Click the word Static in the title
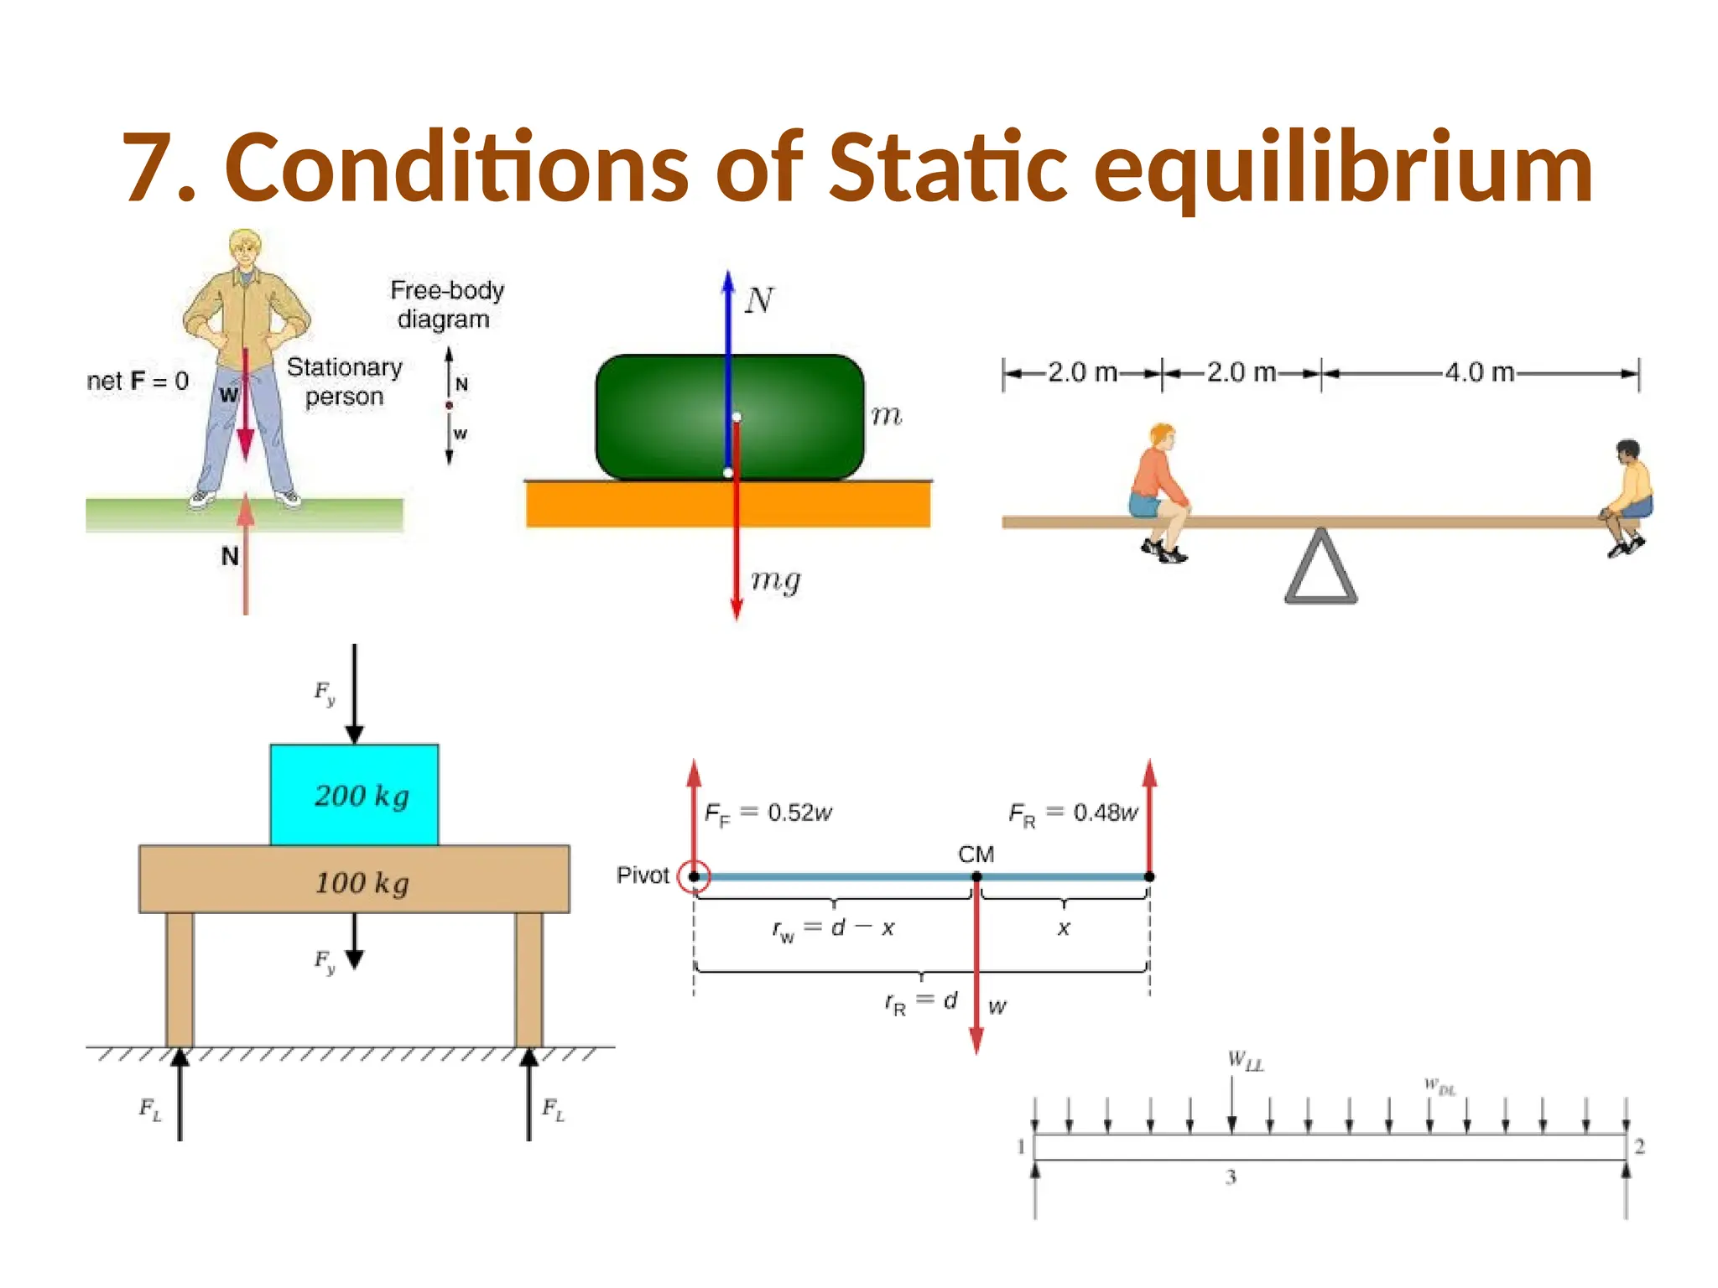[948, 168]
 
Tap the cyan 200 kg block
[354, 794]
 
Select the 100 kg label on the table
[362, 883]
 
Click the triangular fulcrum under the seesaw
[1320, 568]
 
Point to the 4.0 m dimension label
[1479, 372]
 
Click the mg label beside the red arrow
[775, 580]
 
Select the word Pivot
[643, 875]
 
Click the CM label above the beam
[976, 854]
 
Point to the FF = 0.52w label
[768, 813]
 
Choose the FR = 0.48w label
[1073, 813]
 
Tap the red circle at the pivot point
[694, 876]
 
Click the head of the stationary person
[245, 251]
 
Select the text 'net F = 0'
[138, 382]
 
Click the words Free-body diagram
[445, 304]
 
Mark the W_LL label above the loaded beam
[1245, 1061]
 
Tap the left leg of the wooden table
[180, 979]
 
